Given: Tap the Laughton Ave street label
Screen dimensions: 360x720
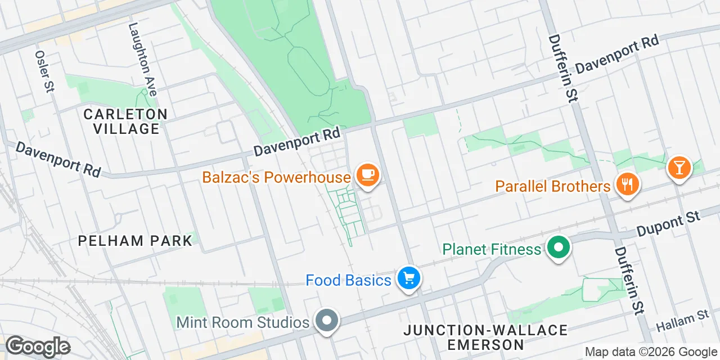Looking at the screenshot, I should pos(142,58).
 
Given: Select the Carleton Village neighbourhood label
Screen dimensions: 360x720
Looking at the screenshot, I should pos(126,121).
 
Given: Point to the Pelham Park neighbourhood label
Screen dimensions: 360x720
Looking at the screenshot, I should pos(135,241).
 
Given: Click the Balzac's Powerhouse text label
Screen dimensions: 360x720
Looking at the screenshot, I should pos(276,178).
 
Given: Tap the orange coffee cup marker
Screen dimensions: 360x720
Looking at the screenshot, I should pos(368,174).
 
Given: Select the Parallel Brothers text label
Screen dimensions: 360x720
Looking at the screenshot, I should pos(553,186).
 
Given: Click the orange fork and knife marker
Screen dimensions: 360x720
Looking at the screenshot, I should pos(626,184).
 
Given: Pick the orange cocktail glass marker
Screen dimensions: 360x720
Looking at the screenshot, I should pos(678,167).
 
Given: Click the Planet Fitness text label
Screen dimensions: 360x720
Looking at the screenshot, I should pos(492,249).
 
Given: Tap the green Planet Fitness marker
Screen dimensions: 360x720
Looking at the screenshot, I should pos(559,247).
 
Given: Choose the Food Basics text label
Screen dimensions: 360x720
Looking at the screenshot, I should pos(348,280).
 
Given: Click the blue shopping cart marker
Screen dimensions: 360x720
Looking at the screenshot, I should pos(409,278).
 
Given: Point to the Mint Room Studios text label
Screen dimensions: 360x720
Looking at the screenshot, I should pos(243,322).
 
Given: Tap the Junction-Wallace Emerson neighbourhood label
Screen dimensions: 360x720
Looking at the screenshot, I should pos(485,336).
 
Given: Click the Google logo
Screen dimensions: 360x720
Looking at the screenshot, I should pos(38,347).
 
